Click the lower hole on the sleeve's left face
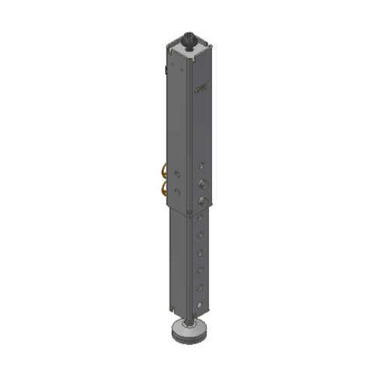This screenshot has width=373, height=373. pos(178,191)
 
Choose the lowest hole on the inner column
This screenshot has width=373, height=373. pos(199,302)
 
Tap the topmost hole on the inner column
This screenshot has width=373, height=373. pos(200,219)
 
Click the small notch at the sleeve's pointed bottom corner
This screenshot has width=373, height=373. pos(188,210)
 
